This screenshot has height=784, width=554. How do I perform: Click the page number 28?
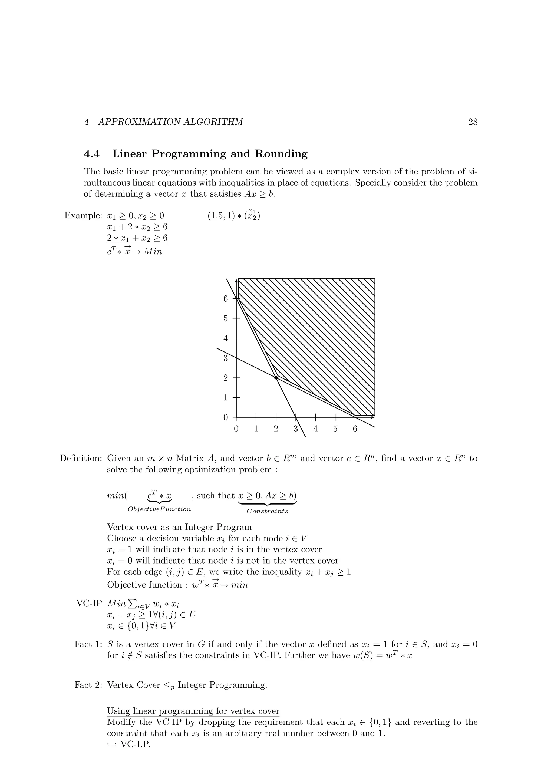(x=472, y=122)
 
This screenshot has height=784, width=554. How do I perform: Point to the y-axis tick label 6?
(x=225, y=298)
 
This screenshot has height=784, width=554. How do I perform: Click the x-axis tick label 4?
(x=315, y=429)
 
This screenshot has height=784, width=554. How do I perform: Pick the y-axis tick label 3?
(x=225, y=358)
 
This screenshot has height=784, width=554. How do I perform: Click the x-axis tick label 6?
(x=355, y=429)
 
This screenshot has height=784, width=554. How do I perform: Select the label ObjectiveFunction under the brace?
(x=159, y=509)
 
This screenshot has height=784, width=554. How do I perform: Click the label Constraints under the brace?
(x=267, y=511)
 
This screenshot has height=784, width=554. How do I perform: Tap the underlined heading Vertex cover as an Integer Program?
(x=179, y=527)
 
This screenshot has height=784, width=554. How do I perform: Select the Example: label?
(x=83, y=216)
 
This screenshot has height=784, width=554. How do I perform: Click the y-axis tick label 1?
(x=225, y=398)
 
